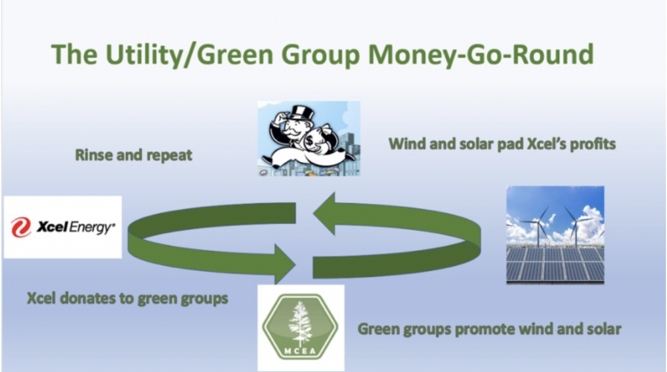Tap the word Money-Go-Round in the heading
click(x=481, y=55)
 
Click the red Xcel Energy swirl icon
click(x=21, y=227)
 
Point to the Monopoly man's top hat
click(x=303, y=113)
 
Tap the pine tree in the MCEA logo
click(x=301, y=324)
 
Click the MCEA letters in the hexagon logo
click(x=300, y=351)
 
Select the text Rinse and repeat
click(x=134, y=155)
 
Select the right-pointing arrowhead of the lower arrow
click(x=285, y=264)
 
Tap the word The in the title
click(x=74, y=55)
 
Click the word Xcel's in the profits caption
click(x=546, y=144)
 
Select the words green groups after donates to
click(x=183, y=299)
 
